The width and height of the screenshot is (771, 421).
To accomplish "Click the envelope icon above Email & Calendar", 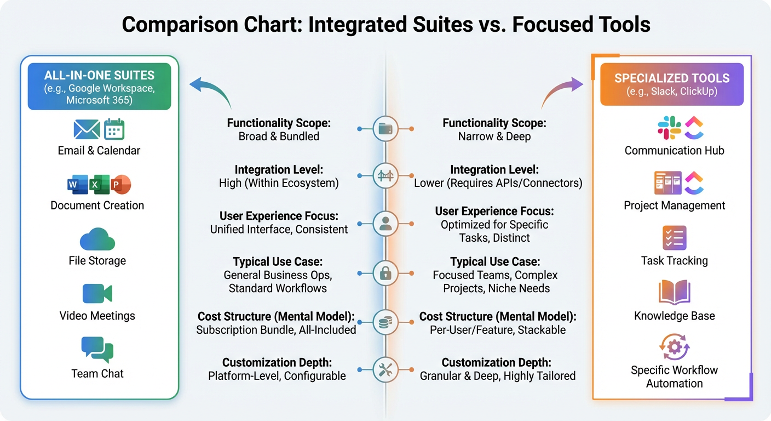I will pyautogui.click(x=87, y=129).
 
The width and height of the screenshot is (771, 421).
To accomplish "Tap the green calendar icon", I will pyautogui.click(x=114, y=129).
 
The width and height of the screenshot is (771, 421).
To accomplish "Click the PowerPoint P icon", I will pyautogui.click(x=120, y=185).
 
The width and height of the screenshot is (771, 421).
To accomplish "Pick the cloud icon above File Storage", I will pyautogui.click(x=97, y=240).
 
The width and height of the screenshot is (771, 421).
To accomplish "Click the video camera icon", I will pyautogui.click(x=97, y=294).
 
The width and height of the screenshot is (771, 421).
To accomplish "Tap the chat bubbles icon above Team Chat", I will pyautogui.click(x=97, y=350).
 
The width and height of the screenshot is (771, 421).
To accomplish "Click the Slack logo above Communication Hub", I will pyautogui.click(x=669, y=128).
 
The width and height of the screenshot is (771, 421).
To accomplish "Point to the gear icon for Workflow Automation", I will pyautogui.click(x=674, y=347).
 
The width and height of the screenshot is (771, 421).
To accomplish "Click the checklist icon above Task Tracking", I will pyautogui.click(x=674, y=238).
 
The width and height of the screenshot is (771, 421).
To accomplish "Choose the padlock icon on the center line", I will pyautogui.click(x=385, y=273).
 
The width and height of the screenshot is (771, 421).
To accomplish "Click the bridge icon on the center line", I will pyautogui.click(x=385, y=175).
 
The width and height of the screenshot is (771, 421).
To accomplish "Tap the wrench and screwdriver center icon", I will pyautogui.click(x=385, y=369).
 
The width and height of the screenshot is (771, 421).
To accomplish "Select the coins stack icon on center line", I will pyautogui.click(x=385, y=322).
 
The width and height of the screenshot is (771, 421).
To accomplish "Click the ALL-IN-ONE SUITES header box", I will pyautogui.click(x=99, y=87).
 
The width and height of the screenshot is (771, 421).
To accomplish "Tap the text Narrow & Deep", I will pyautogui.click(x=494, y=136).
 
